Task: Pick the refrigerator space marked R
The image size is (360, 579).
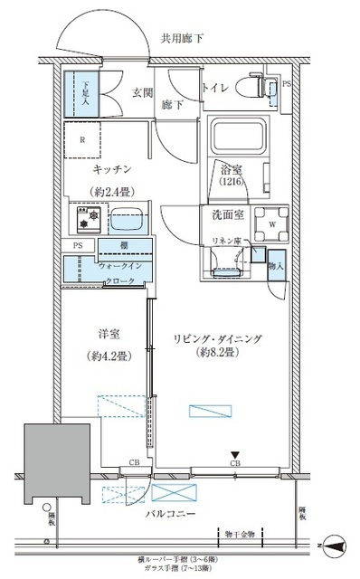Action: click(x=83, y=139)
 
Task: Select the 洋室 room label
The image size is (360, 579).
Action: click(x=109, y=332)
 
